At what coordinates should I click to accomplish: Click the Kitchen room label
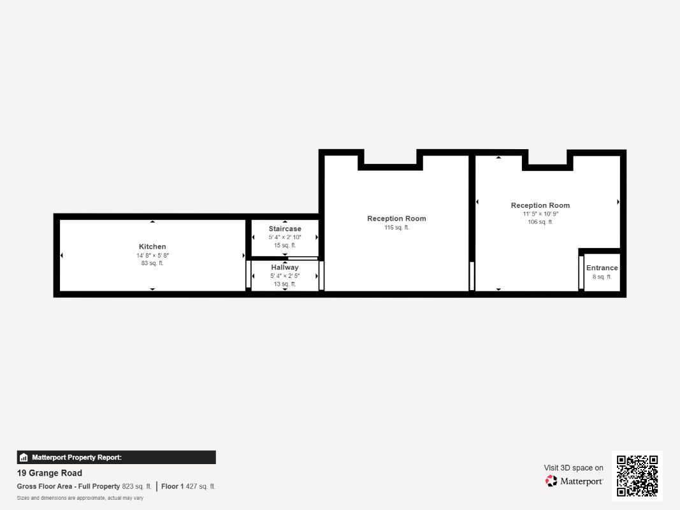click(x=152, y=247)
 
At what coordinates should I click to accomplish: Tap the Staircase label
click(x=285, y=229)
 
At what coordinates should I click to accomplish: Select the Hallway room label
click(x=285, y=268)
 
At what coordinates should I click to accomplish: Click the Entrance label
click(x=602, y=268)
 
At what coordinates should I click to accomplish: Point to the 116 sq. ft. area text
click(x=397, y=228)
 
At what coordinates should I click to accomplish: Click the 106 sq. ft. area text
click(x=540, y=222)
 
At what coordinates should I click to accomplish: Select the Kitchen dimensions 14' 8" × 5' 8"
click(x=153, y=256)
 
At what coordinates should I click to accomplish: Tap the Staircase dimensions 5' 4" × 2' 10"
click(x=285, y=237)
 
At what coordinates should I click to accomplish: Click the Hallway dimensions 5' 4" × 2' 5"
click(x=285, y=276)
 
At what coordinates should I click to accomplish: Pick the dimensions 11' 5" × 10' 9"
click(x=540, y=214)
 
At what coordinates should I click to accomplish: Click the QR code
click(x=637, y=476)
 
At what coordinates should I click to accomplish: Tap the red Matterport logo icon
click(x=551, y=481)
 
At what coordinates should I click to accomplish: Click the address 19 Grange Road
click(x=50, y=473)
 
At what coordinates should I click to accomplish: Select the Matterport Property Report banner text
click(x=76, y=458)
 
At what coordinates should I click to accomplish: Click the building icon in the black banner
click(x=24, y=458)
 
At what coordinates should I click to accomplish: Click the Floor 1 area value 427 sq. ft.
click(x=200, y=486)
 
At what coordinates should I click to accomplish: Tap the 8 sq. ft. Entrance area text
click(x=602, y=277)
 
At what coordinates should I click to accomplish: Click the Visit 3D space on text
click(x=574, y=468)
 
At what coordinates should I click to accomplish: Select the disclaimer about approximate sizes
click(x=80, y=498)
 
